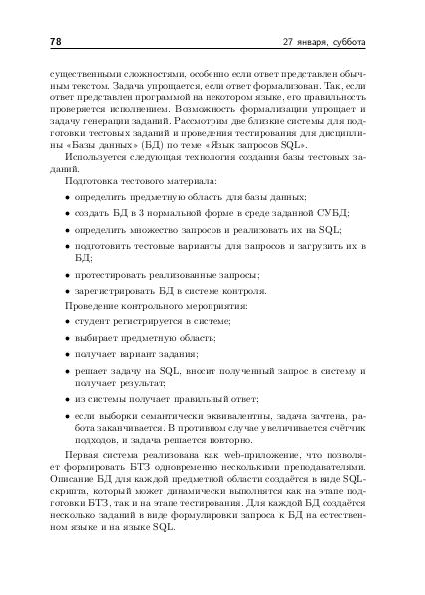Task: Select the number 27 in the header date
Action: [x=289, y=43]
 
